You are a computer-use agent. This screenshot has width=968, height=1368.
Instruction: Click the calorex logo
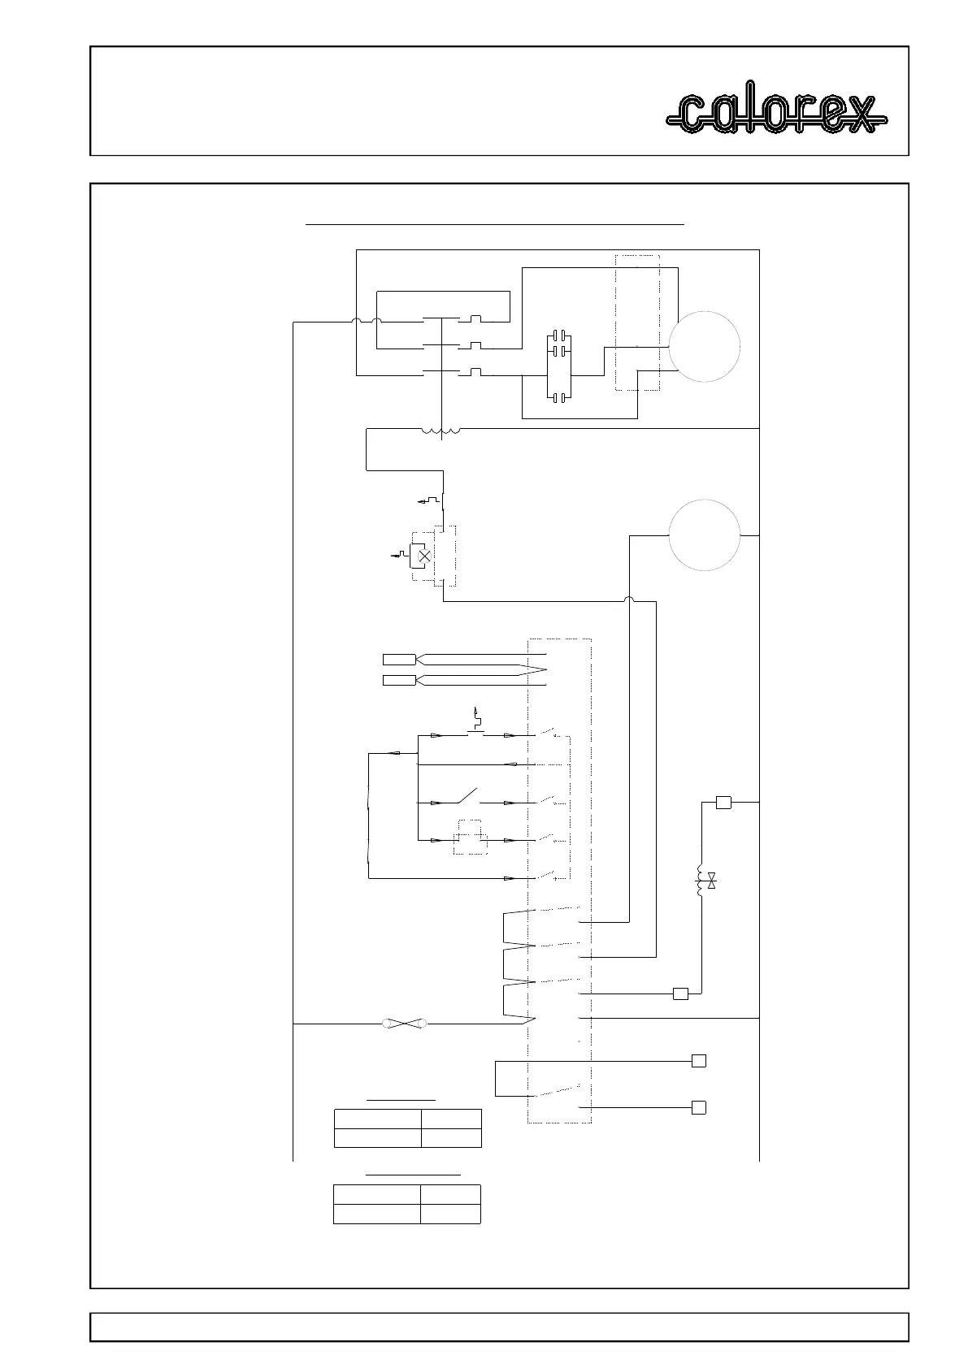pyautogui.click(x=776, y=113)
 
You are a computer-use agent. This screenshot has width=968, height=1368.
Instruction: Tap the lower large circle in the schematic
pyautogui.click(x=704, y=535)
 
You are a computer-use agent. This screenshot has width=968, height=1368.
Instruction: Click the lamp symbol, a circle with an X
pyautogui.click(x=423, y=556)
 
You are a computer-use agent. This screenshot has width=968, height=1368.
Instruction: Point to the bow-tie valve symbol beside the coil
pyautogui.click(x=712, y=881)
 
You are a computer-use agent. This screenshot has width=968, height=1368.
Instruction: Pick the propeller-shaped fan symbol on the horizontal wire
pyautogui.click(x=405, y=1024)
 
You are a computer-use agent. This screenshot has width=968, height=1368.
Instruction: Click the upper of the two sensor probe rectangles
pyautogui.click(x=398, y=658)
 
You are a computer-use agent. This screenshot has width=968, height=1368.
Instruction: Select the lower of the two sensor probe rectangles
pyautogui.click(x=398, y=680)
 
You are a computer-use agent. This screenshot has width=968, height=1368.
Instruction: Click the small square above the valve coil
pyautogui.click(x=723, y=803)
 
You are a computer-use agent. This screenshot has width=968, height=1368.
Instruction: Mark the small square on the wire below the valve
pyautogui.click(x=680, y=993)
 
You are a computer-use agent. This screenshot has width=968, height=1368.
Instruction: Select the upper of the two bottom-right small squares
pyautogui.click(x=698, y=1060)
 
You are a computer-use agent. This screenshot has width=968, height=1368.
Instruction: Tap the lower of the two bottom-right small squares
pyautogui.click(x=698, y=1106)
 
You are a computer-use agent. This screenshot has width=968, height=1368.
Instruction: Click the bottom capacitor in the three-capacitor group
pyautogui.click(x=559, y=398)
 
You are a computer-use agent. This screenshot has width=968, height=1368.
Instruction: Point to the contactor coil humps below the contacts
pyautogui.click(x=441, y=431)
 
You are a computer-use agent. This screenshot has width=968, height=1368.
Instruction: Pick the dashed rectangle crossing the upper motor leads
pyautogui.click(x=637, y=323)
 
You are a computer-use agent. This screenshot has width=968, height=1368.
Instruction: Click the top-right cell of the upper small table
pyautogui.click(x=451, y=1119)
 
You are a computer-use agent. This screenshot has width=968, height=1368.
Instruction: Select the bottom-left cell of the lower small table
pyautogui.click(x=376, y=1214)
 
